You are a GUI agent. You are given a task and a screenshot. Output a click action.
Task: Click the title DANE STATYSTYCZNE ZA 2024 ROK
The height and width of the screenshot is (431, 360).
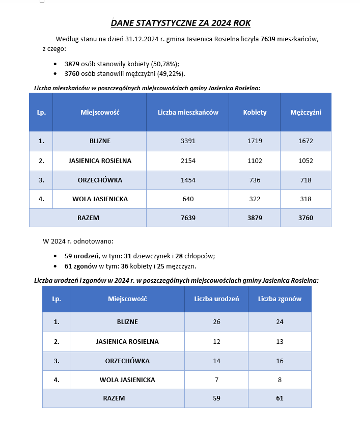tap(180, 23)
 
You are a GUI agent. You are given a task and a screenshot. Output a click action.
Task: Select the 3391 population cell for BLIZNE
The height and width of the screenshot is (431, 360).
tap(188, 141)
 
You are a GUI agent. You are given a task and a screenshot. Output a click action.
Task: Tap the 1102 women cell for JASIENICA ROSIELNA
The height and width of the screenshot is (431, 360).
tap(255, 161)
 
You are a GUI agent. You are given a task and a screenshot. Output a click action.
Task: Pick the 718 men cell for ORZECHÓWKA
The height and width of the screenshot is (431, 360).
tap(306, 180)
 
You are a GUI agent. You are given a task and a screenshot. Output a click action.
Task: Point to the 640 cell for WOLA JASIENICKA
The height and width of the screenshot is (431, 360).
tap(188, 199)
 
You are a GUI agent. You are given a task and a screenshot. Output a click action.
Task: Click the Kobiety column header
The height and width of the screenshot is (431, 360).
tap(255, 113)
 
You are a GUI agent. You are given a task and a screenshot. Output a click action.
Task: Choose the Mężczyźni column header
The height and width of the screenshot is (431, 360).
tap(306, 113)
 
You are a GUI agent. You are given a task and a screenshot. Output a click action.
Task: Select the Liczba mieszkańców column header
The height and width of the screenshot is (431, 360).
tap(188, 113)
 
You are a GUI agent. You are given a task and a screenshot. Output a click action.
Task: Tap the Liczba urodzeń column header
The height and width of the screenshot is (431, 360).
tap(216, 299)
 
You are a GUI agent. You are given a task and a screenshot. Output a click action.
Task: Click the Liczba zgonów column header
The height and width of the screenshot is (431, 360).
tap(280, 299)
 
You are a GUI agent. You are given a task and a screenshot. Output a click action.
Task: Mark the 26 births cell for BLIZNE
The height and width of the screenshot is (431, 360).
tap(216, 322)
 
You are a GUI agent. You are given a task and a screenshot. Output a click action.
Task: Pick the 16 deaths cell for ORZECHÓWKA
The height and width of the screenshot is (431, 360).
tap(280, 361)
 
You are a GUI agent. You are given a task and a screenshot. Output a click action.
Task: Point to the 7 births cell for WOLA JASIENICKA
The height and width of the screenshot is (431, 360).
tap(216, 380)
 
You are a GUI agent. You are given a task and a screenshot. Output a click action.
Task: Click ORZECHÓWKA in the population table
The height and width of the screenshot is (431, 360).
tap(100, 180)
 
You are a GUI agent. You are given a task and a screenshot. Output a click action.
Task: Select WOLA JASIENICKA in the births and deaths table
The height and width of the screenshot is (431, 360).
tap(127, 380)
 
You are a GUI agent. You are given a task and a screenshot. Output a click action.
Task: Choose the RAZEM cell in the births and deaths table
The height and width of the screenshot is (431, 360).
tap(114, 398)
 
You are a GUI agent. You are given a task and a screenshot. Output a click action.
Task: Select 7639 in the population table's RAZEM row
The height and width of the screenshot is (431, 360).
tap(188, 218)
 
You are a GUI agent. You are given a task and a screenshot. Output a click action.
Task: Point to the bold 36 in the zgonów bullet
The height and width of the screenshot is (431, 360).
tap(124, 266)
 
